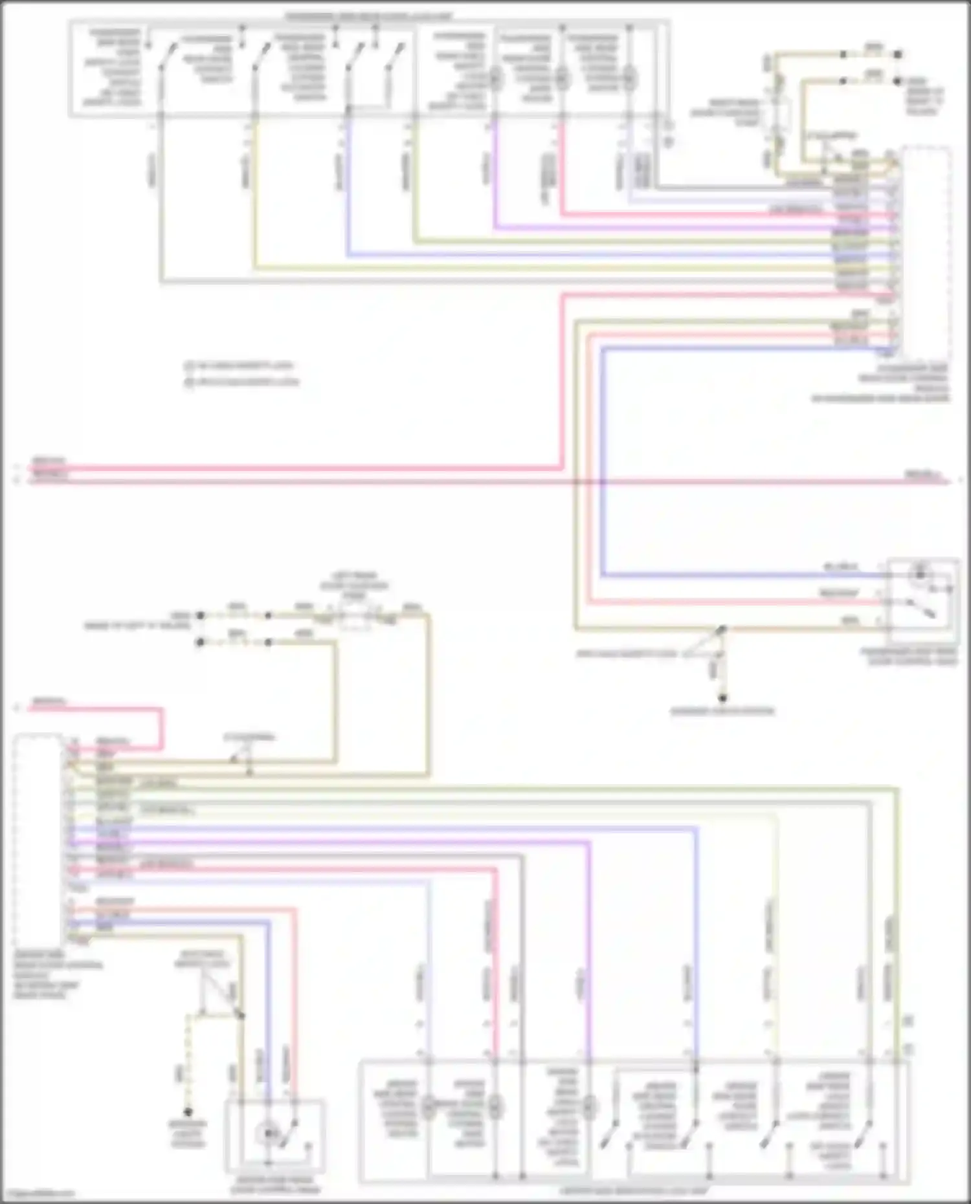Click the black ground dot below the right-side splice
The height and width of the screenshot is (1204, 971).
pyautogui.click(x=723, y=698)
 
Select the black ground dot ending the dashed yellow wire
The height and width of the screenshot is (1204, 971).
pyautogui.click(x=188, y=1112)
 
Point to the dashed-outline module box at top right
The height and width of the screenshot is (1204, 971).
pyautogui.click(x=926, y=252)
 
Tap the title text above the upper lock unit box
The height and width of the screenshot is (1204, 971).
pyautogui.click(x=369, y=16)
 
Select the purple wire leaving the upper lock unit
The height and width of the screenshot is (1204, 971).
pyautogui.click(x=495, y=175)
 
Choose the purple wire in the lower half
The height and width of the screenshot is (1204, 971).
pyautogui.click(x=589, y=938)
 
